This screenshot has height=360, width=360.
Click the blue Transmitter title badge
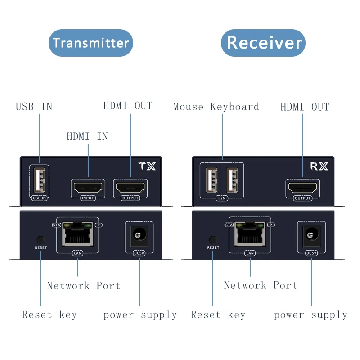pos(90,43)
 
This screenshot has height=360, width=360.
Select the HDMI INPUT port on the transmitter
pos(87,187)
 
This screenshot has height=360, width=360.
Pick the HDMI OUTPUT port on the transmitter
pos(130,187)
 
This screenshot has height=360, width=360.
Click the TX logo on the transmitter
pos(148,166)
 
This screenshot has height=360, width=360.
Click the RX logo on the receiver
pos(319,166)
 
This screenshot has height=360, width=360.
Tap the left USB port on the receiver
pos(211,180)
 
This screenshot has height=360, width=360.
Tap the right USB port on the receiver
pos(232,180)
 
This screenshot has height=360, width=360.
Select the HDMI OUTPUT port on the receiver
pos(302,187)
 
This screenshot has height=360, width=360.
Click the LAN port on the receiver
pos(250,234)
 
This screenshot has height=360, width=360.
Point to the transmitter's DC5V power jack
pos(139,235)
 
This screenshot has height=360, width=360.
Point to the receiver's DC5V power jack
pos(311,235)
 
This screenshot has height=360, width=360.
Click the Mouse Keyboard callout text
pos(216,107)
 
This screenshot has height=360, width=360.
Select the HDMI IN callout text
pos(87,136)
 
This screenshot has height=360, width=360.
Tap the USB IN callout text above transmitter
pos(34,107)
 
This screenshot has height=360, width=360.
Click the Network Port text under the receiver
pos(261,285)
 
